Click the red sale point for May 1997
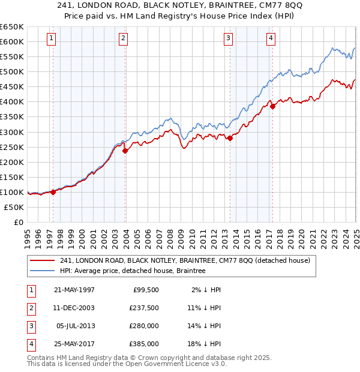pos(53,192)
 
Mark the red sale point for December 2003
pos(125,151)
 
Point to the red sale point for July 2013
pos(230,138)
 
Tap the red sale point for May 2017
pos(272,106)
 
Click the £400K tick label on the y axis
pos(11,102)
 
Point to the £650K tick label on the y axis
pos(11,27)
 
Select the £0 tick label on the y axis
pos(18,222)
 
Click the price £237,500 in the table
pos(145,308)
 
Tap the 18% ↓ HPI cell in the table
pos(205,344)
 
